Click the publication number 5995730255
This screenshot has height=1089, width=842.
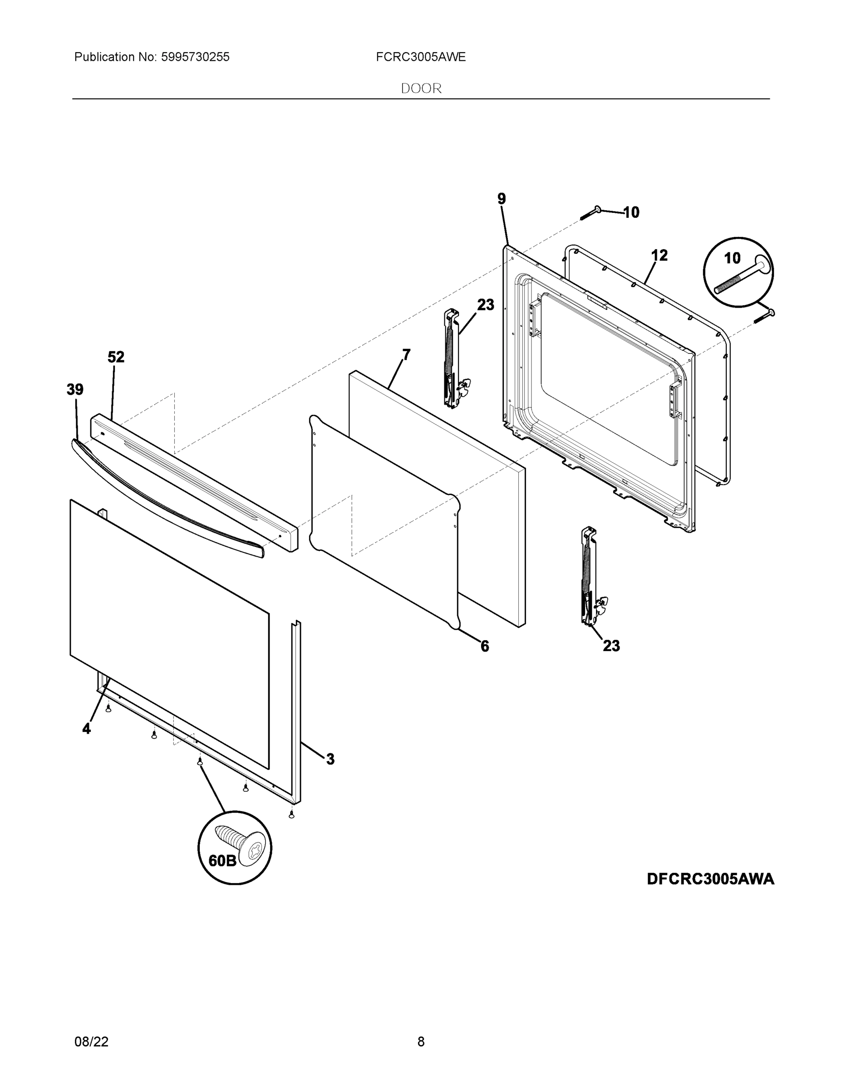pyautogui.click(x=195, y=57)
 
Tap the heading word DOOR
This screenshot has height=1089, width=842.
pyautogui.click(x=421, y=89)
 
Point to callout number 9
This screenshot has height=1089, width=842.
pyautogui.click(x=501, y=199)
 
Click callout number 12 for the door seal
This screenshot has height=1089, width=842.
pyautogui.click(x=660, y=256)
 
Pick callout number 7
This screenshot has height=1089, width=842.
pyautogui.click(x=407, y=355)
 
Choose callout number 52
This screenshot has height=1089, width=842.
pyautogui.click(x=116, y=357)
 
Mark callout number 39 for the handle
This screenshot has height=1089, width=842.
pyautogui.click(x=75, y=389)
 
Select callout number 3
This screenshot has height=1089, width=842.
pyautogui.click(x=330, y=760)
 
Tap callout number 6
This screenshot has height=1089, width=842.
pyautogui.click(x=484, y=647)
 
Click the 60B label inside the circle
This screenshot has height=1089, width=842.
pyautogui.click(x=222, y=861)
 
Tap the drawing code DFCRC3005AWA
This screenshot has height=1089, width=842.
pyautogui.click(x=710, y=878)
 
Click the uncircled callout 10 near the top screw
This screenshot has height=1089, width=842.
pyautogui.click(x=631, y=212)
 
